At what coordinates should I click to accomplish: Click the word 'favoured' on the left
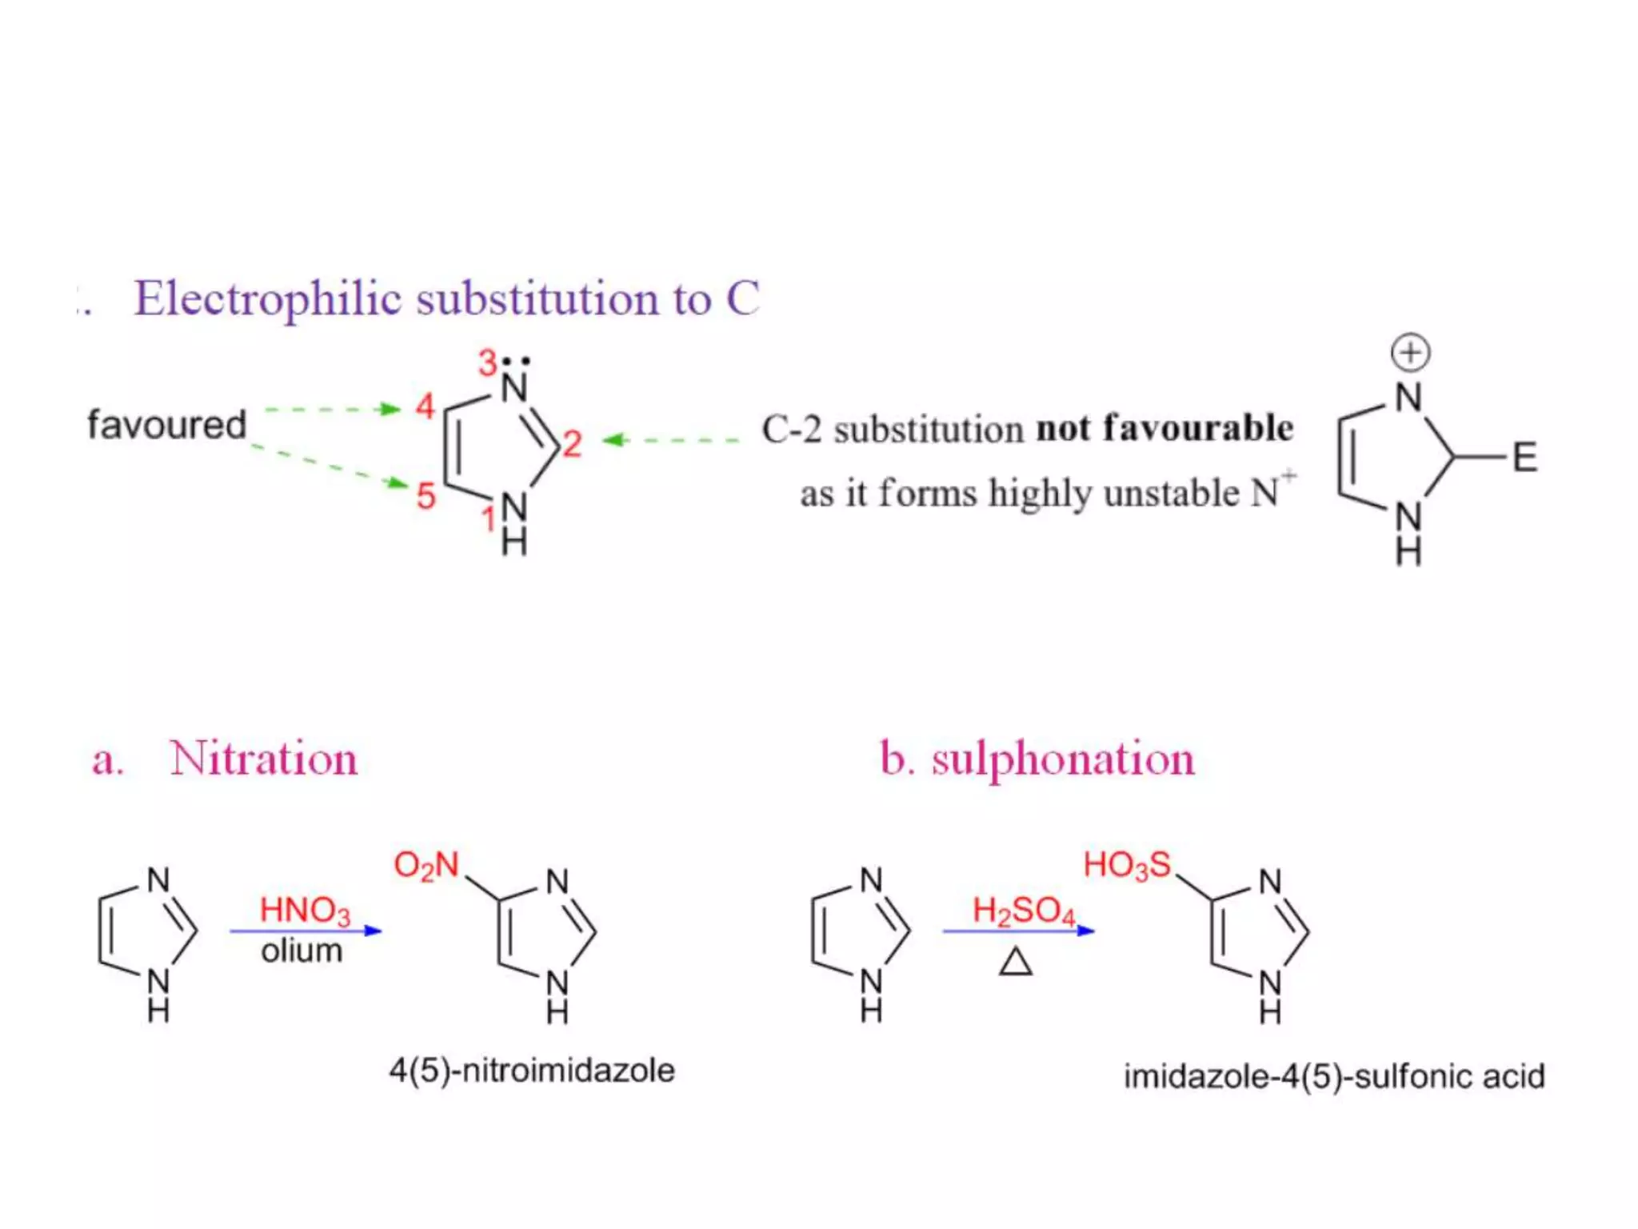pos(166,424)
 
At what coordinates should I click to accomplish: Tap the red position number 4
pos(425,406)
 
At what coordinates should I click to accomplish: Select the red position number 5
pos(425,496)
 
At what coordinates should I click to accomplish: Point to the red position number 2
pos(571,444)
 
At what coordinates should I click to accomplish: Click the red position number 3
pos(488,362)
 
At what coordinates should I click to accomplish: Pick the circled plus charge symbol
pos(1410,353)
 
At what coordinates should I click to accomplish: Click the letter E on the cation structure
pos(1524,458)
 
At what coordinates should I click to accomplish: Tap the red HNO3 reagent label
pos(305,911)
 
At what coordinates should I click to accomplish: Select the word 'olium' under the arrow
pos(302,951)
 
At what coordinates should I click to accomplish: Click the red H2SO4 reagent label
pos(1023,911)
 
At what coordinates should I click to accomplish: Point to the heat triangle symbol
pos(1016,962)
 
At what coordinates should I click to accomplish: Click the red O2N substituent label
pos(426,866)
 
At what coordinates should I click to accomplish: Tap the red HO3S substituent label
pos(1127,866)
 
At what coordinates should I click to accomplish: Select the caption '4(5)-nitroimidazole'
pos(532,1071)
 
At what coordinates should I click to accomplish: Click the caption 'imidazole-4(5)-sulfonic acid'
pos(1334,1077)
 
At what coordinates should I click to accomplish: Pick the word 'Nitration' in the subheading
pos(263,759)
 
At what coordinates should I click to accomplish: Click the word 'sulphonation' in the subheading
pos(1063,759)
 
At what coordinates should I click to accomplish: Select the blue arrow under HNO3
pos(306,931)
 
